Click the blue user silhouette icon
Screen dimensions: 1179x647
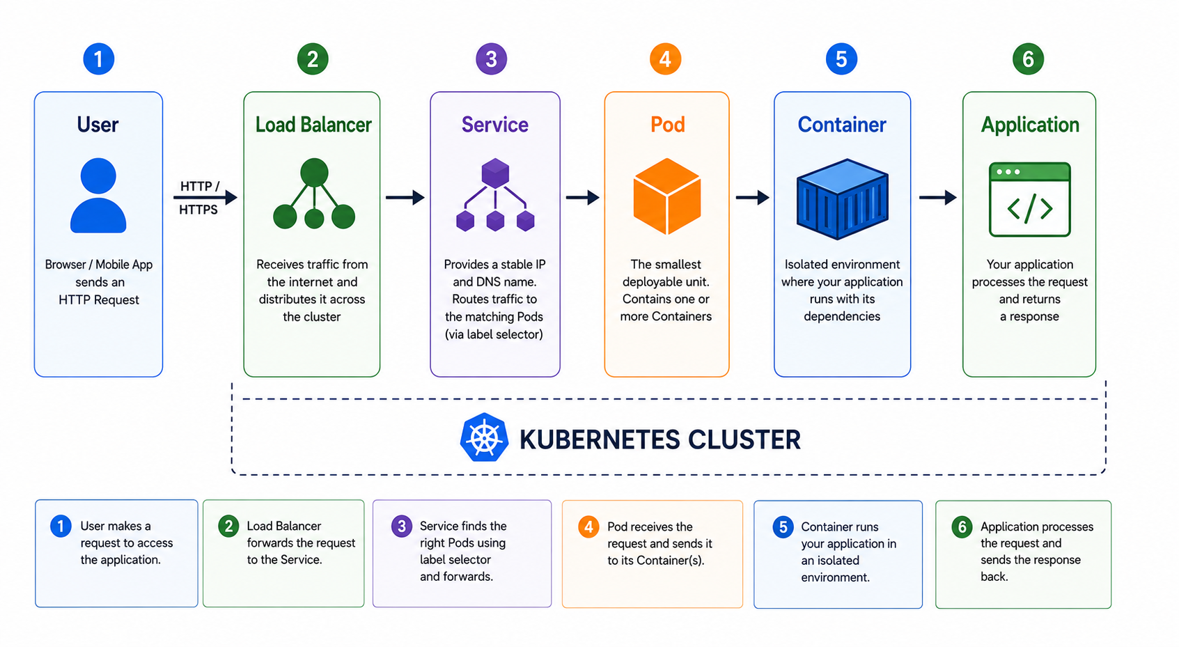click(98, 195)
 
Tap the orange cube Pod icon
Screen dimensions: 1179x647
click(667, 196)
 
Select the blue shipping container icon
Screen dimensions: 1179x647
click(842, 199)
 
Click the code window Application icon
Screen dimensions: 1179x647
click(1029, 199)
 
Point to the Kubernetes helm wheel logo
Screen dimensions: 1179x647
click(484, 437)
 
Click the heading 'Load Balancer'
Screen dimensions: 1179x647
click(313, 125)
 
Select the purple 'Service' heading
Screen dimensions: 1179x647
click(494, 125)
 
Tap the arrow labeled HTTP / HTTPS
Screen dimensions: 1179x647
click(205, 197)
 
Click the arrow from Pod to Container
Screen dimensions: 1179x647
click(753, 197)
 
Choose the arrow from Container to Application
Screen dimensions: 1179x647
click(938, 197)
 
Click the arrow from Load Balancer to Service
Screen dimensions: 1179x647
click(405, 197)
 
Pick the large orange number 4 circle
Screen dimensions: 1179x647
click(665, 59)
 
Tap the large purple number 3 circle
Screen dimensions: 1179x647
click(491, 59)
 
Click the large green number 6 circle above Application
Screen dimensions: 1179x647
click(1028, 59)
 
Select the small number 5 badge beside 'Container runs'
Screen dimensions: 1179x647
click(783, 527)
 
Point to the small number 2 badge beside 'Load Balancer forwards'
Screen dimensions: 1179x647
click(228, 527)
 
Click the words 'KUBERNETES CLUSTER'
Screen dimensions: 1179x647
click(660, 439)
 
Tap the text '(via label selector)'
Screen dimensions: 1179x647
click(494, 334)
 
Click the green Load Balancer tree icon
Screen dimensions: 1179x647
click(314, 194)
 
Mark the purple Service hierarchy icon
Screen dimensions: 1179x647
click(495, 195)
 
